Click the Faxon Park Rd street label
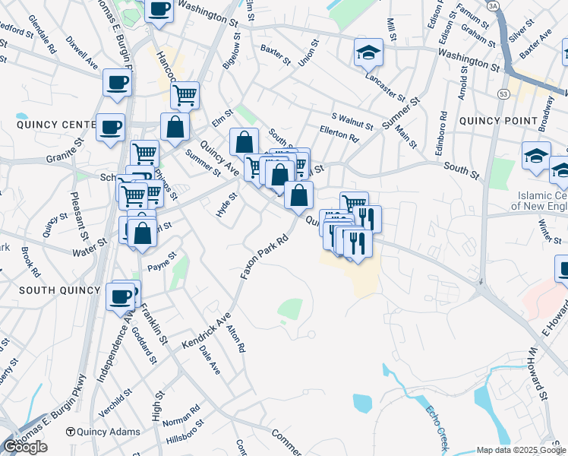pos(266,255)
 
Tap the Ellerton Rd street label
pos(339,138)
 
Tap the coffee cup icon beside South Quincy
pos(120,296)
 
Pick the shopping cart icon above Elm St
pos(185,96)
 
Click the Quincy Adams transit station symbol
pos(71,431)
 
